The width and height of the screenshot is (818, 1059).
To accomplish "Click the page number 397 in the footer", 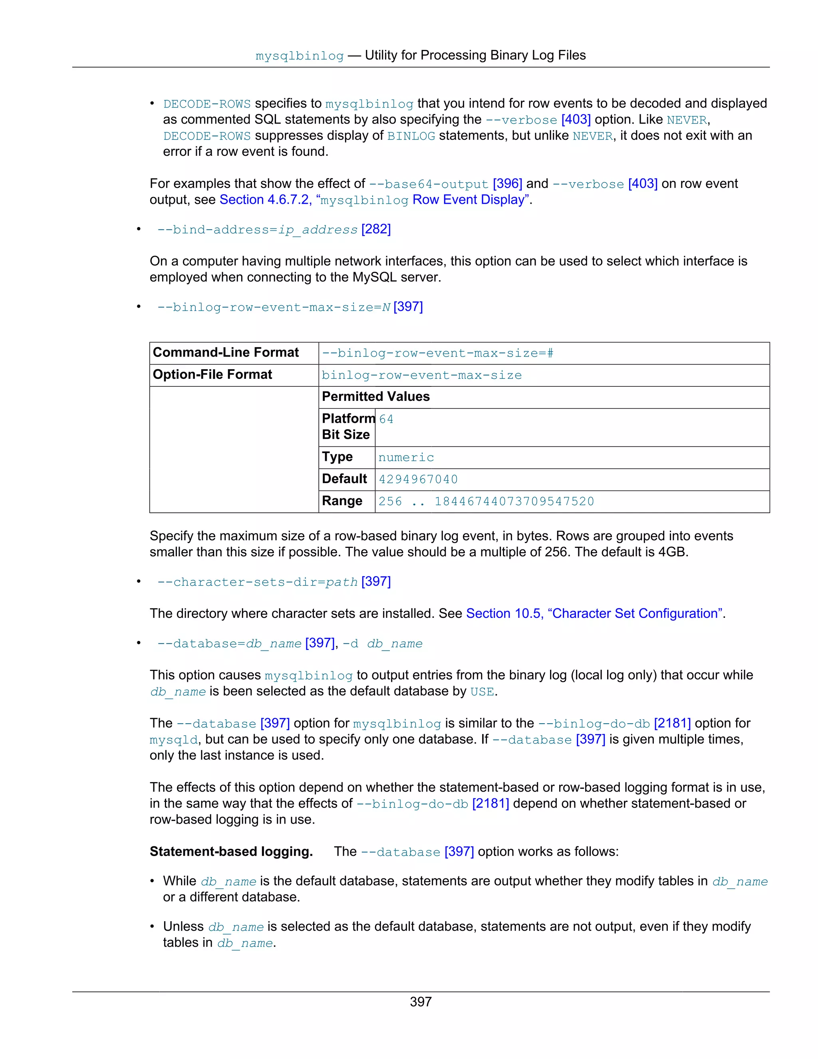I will click(420, 1001).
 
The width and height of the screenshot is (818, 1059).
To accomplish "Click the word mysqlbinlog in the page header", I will click(300, 56).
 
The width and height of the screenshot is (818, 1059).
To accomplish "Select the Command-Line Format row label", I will click(226, 352).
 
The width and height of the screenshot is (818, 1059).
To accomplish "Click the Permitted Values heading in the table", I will click(375, 397).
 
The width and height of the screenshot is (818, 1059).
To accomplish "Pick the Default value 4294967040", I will click(418, 480).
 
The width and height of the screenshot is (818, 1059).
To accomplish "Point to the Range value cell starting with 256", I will click(486, 502).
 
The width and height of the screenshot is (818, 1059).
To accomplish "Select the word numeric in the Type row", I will click(406, 457).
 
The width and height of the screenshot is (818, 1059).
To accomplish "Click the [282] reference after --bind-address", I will click(376, 229).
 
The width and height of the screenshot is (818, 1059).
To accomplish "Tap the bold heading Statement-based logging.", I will click(231, 852).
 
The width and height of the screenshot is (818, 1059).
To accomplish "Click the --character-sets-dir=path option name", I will click(257, 582).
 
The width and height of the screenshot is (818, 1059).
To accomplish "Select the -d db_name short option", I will click(382, 644).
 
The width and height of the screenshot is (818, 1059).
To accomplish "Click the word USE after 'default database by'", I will click(482, 692).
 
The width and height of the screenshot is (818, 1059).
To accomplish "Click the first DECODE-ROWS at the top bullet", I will click(207, 104).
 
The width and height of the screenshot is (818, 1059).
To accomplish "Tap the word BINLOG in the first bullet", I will click(411, 136).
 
